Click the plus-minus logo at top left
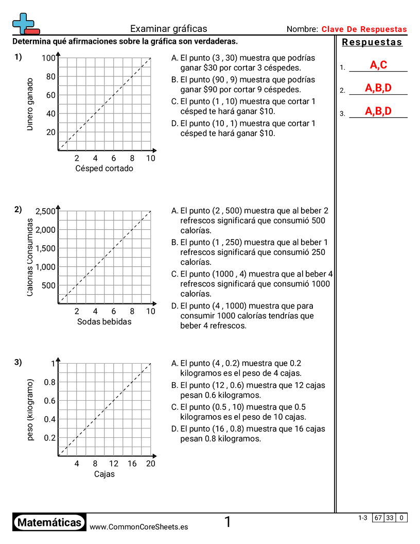tap(25, 24)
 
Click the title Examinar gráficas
tap(168, 29)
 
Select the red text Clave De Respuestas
tap(364, 29)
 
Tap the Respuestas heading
tap(372, 42)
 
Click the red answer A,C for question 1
tap(378, 65)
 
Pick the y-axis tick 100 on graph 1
tap(48, 58)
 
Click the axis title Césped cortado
tap(104, 168)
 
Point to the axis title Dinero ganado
tap(30, 104)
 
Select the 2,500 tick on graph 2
tap(45, 211)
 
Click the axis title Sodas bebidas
tap(104, 321)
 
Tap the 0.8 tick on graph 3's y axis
tap(49, 382)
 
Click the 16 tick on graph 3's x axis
tap(132, 464)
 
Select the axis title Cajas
tap(104, 474)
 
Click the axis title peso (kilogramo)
tap(30, 410)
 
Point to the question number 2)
tap(18, 209)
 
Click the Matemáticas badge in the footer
tap(49, 522)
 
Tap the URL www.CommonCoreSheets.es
tap(138, 526)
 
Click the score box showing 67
tap(378, 518)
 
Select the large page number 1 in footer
tap(227, 522)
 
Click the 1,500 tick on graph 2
tap(45, 248)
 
